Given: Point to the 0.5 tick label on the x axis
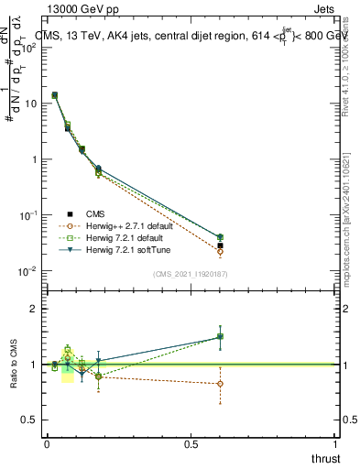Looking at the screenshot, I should coord(191,443).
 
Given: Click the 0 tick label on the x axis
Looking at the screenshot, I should coord(47,443).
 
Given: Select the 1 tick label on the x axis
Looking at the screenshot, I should coord(336,443).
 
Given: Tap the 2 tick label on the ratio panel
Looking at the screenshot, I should coord(35,309).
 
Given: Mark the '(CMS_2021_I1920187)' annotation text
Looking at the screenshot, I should coord(191,274).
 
